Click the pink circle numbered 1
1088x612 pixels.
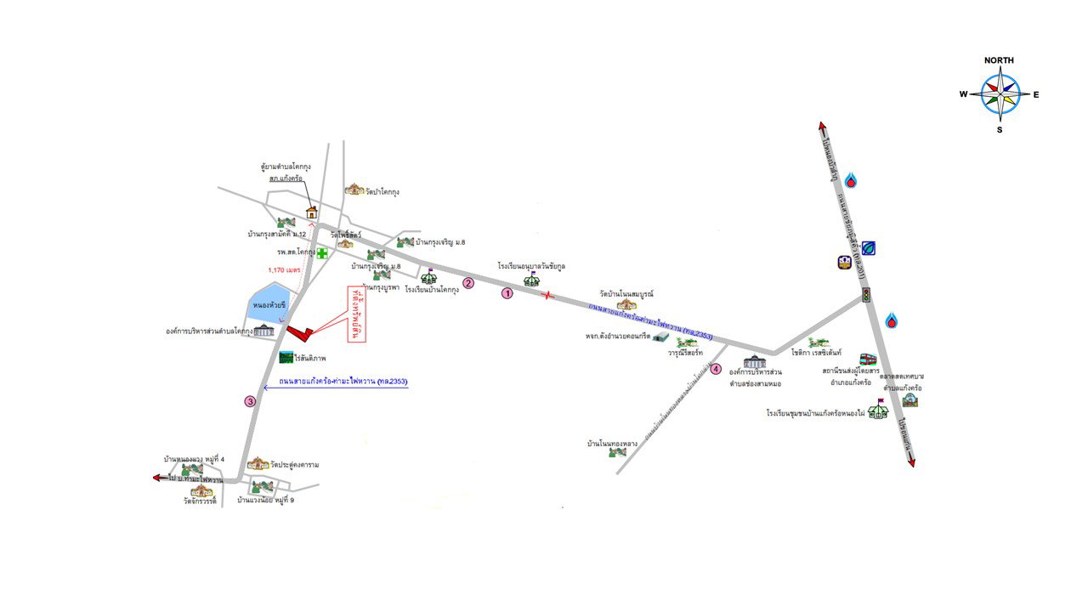[507, 293]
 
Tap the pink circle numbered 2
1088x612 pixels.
[467, 283]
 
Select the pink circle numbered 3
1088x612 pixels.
[250, 401]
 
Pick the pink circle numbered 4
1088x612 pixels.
[716, 369]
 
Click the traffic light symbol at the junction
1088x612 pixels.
[866, 295]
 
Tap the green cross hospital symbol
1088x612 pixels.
[323, 253]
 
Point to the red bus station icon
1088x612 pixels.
[868, 360]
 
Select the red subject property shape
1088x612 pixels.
[302, 329]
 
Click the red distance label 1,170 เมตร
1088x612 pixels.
[286, 269]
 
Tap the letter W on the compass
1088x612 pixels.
[964, 95]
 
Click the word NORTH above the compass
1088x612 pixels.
[999, 61]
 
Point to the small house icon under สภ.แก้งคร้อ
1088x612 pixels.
[312, 212]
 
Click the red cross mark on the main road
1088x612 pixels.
[548, 295]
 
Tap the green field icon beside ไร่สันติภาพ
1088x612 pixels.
[286, 358]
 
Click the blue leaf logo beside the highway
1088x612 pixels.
[869, 248]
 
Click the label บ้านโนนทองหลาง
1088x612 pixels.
[612, 444]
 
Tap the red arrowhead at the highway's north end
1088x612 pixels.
[823, 127]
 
